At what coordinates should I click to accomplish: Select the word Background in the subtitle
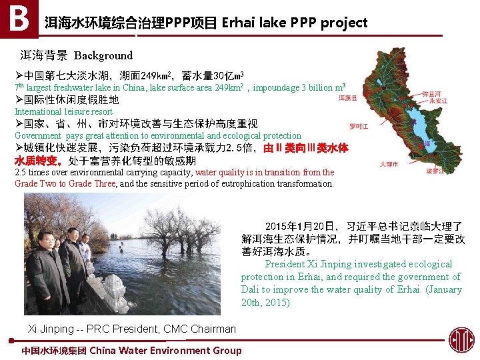point(103,55)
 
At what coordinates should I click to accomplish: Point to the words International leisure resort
point(64,111)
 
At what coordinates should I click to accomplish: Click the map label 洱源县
point(347,98)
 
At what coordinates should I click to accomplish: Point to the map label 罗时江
point(359,126)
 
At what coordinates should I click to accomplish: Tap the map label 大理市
point(389,164)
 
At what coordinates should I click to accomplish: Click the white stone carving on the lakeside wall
point(115,289)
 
